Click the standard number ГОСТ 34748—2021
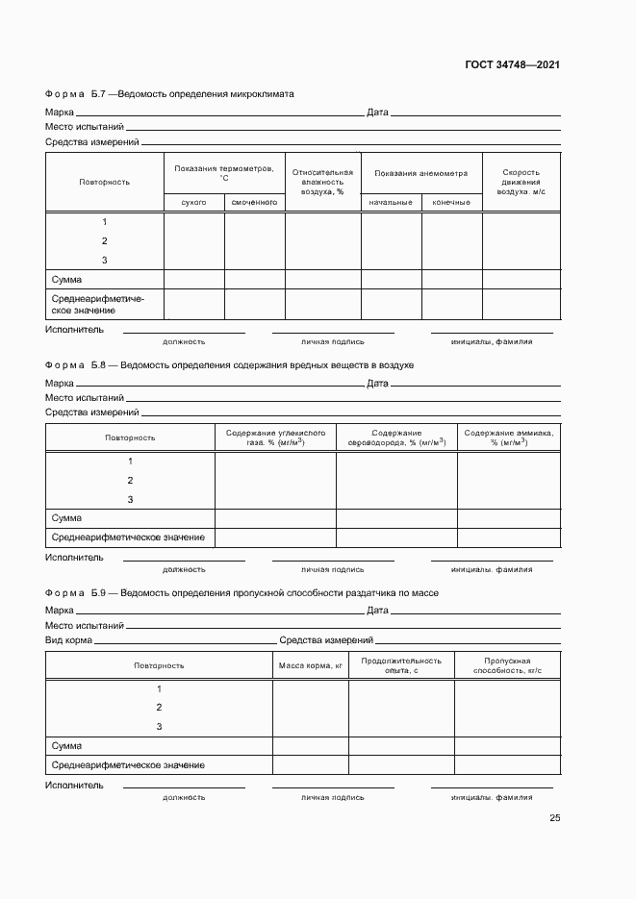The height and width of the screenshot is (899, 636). [x=513, y=64]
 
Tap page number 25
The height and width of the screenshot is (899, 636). [x=554, y=818]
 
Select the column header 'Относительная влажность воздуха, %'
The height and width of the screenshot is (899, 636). [x=322, y=182]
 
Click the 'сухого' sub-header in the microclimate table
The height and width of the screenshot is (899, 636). [x=194, y=203]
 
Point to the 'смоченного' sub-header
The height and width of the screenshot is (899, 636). [x=255, y=203]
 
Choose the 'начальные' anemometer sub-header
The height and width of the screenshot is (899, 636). [x=391, y=203]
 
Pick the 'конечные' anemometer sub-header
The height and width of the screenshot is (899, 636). [x=451, y=203]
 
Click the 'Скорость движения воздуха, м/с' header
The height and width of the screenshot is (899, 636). [x=521, y=182]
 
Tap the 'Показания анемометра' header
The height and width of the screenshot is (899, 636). [x=421, y=173]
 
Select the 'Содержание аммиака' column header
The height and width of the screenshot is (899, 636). [x=508, y=437]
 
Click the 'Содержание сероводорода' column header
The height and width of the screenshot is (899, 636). [x=396, y=437]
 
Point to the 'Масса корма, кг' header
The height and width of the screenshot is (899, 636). [x=311, y=665]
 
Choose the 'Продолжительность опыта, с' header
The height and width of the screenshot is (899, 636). [x=401, y=665]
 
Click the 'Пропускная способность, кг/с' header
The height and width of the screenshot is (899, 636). [x=507, y=665]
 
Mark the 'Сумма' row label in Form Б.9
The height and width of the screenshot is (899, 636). [x=66, y=746]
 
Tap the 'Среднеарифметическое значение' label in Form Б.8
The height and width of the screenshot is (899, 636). [x=128, y=537]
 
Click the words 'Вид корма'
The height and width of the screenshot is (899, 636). [x=68, y=639]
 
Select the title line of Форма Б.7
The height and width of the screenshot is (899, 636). [x=169, y=94]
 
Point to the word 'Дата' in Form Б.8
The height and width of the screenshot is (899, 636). [x=377, y=384]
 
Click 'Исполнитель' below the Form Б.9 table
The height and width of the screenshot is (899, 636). [x=74, y=785]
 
